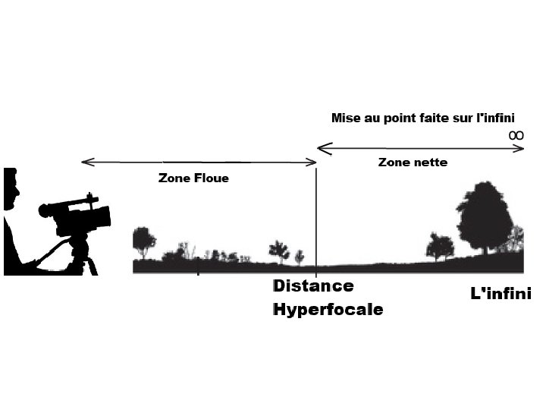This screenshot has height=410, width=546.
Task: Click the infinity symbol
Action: (516, 134)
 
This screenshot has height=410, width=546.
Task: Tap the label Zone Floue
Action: (193, 178)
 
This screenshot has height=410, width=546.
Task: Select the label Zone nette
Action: (413, 162)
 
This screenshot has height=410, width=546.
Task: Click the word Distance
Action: (313, 286)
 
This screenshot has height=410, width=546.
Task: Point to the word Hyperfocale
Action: (328, 310)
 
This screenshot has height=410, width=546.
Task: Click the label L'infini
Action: (501, 293)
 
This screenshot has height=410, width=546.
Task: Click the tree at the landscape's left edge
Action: (143, 241)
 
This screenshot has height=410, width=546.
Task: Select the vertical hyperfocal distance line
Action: (316, 220)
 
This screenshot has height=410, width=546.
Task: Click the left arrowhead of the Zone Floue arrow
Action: (84, 161)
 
